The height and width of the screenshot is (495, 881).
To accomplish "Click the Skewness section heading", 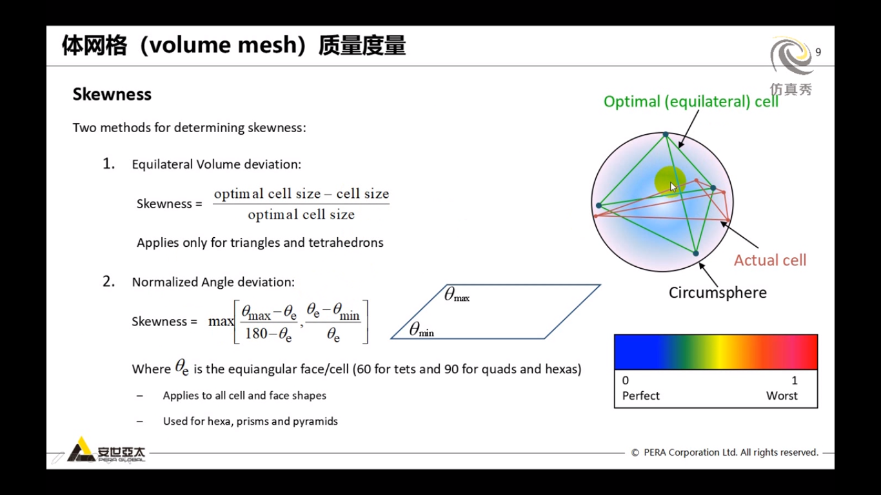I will click(x=112, y=94).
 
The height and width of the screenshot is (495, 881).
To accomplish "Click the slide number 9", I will click(x=818, y=52).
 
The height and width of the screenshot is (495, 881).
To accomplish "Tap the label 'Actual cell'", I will click(x=770, y=260).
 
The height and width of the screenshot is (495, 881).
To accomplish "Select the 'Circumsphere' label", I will click(x=717, y=293).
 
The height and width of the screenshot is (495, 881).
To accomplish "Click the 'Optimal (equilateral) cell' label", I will click(x=691, y=102).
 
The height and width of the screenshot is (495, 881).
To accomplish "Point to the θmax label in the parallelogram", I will click(x=457, y=296).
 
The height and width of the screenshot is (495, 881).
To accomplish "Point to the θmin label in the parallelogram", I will click(x=421, y=331).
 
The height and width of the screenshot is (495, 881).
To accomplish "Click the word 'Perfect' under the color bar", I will click(x=640, y=396).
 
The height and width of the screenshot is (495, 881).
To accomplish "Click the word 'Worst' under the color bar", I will click(x=782, y=396).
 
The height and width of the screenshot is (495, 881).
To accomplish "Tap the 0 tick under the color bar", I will click(x=626, y=380).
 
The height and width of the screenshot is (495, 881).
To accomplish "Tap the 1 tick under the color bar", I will click(x=795, y=380).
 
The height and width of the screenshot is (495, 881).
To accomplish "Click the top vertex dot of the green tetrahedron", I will click(x=666, y=135).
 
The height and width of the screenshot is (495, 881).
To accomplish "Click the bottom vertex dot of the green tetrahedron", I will click(x=695, y=253).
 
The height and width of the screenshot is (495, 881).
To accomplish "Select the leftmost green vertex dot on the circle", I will click(x=599, y=206).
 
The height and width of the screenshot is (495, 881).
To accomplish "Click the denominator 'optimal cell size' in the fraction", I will click(x=301, y=215).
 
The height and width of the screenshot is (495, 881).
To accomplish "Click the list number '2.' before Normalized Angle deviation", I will click(x=109, y=282).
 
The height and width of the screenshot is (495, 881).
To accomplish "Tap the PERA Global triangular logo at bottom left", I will click(x=81, y=450).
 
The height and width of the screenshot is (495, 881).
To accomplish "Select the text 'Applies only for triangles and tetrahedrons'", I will click(x=260, y=243).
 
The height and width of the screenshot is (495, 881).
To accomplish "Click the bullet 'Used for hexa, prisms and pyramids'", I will click(x=250, y=422).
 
